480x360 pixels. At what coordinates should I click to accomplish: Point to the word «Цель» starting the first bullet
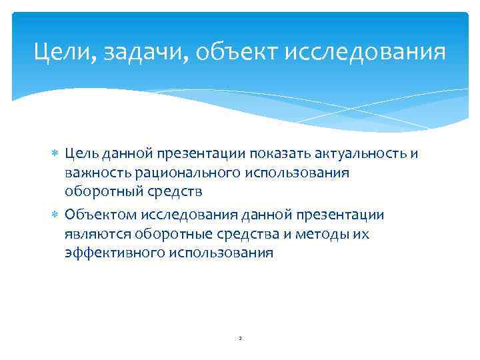coord(82,155)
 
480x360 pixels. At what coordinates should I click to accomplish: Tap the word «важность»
coord(97,173)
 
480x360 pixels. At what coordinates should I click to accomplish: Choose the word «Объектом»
coord(97,215)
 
